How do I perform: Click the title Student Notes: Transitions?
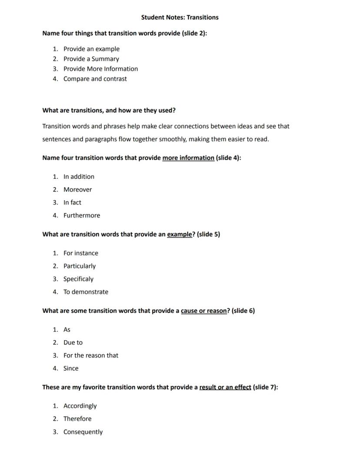coord(180,17)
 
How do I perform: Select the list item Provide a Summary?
coord(91,59)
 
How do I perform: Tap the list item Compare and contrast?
coord(95,79)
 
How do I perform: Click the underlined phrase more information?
coord(188,158)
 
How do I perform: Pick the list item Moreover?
coord(77,189)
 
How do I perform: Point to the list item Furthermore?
coord(81,215)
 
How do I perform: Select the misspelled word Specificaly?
coord(78,279)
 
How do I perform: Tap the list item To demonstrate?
coord(86,292)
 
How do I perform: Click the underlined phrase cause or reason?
coord(203,311)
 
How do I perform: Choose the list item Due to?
coord(73,342)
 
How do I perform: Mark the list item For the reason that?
coord(90,355)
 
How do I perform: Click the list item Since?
coord(71,368)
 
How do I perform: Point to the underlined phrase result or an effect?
coord(225,387)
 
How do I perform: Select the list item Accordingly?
coord(80,406)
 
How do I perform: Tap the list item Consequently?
coord(83,432)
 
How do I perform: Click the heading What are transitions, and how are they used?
coord(109,111)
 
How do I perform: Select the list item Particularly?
coord(79,266)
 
